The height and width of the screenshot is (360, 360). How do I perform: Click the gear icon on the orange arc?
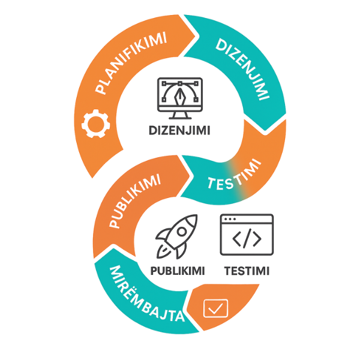coord(95,124)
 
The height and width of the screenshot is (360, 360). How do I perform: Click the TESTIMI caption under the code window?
coord(247,271)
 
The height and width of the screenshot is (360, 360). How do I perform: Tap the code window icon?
coord(247,235)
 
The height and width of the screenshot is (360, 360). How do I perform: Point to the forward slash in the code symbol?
coord(247,239)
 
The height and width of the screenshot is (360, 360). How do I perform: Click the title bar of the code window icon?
coord(247,219)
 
